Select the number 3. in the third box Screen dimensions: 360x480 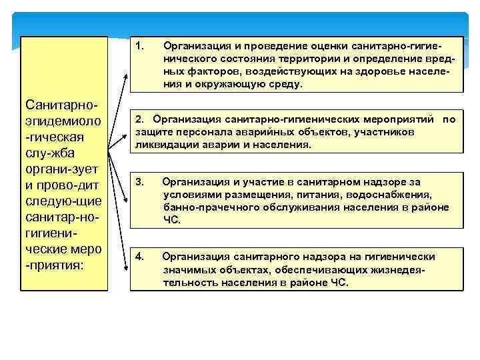pos(139,181)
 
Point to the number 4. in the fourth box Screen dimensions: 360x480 pos(139,257)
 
